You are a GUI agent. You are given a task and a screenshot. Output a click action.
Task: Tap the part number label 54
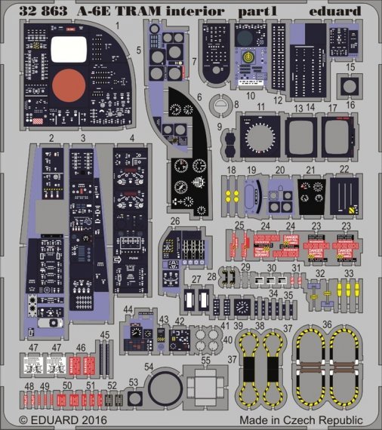tap(149, 368)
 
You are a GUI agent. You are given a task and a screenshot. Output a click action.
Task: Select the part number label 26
tap(174, 221)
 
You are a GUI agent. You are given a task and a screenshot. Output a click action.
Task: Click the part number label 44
tap(128, 309)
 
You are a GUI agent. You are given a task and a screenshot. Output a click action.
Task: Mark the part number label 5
tap(139, 51)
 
